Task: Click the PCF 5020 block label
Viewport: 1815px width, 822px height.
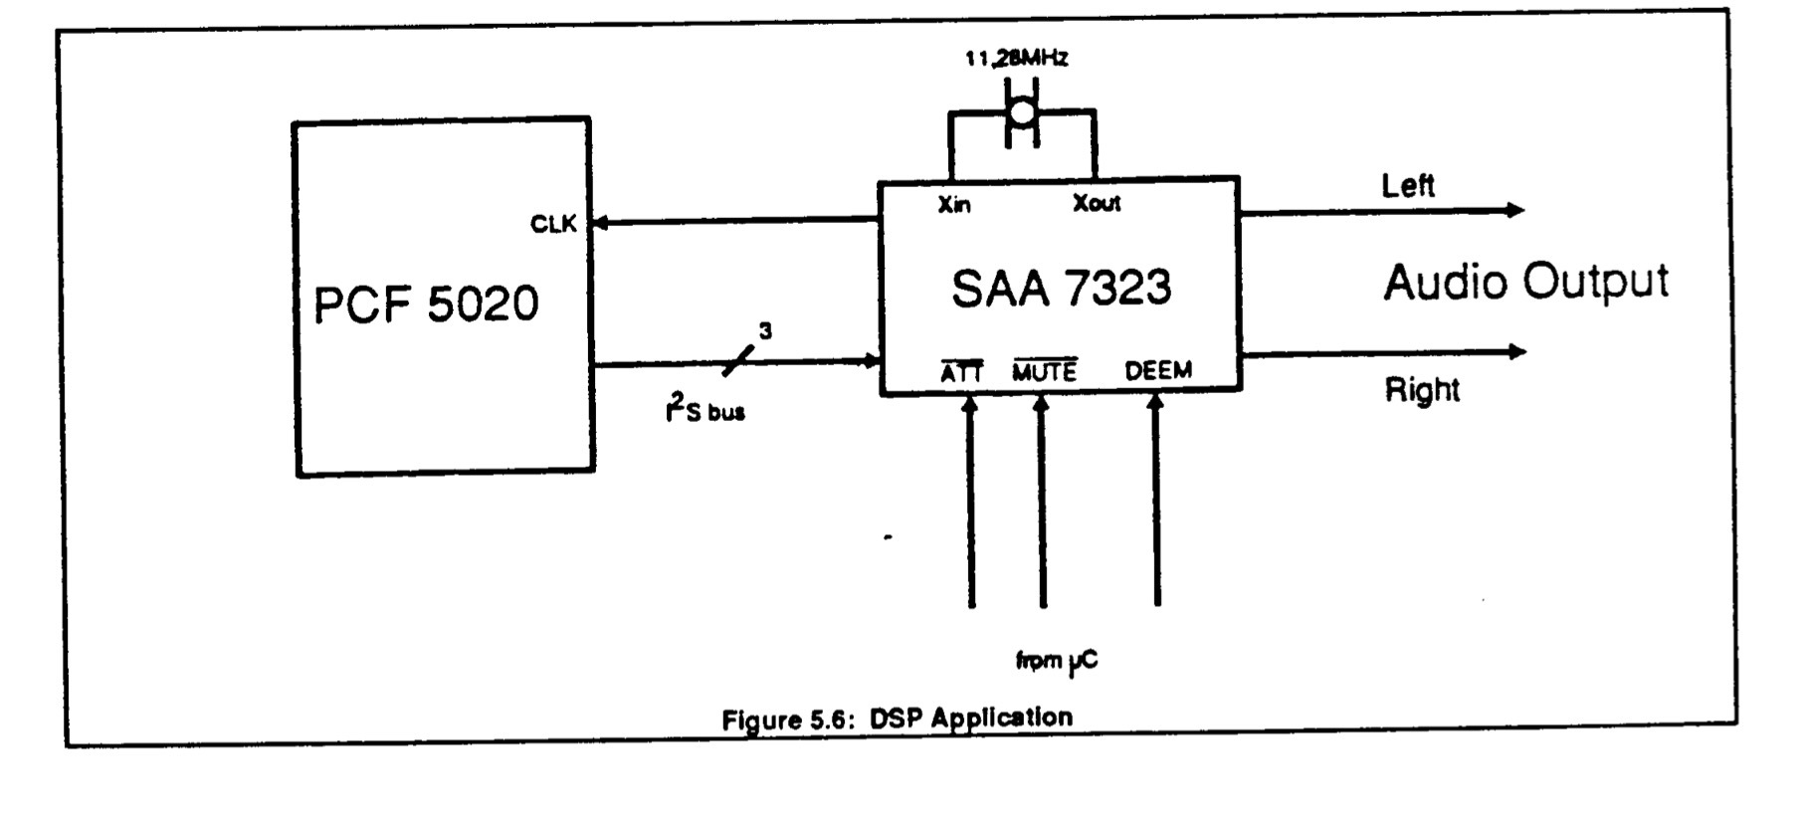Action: pyautogui.click(x=426, y=304)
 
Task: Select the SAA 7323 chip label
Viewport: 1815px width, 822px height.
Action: pyautogui.click(x=1061, y=289)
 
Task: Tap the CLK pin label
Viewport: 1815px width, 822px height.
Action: pyautogui.click(x=553, y=224)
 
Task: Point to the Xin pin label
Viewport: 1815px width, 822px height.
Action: pyautogui.click(x=954, y=205)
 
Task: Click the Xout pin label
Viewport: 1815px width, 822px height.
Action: pyautogui.click(x=1097, y=204)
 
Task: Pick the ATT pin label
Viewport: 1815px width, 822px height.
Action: pyautogui.click(x=961, y=372)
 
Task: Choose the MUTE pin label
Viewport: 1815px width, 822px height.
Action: pyautogui.click(x=1045, y=371)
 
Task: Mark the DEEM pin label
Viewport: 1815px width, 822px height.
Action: pyautogui.click(x=1158, y=371)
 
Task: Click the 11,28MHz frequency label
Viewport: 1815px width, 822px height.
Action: pyautogui.click(x=1016, y=59)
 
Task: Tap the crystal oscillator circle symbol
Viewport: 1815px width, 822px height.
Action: pyautogui.click(x=1022, y=111)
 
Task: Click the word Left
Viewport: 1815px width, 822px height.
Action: pyautogui.click(x=1408, y=185)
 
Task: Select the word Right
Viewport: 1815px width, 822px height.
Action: pyautogui.click(x=1422, y=389)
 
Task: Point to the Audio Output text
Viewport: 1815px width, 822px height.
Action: pyautogui.click(x=1525, y=283)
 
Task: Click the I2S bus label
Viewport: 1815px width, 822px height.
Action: pyautogui.click(x=705, y=408)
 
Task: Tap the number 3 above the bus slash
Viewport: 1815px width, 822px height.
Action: pyautogui.click(x=765, y=331)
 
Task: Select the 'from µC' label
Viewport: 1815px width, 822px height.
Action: pyautogui.click(x=1057, y=661)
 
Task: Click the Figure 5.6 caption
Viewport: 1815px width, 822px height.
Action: pyautogui.click(x=898, y=719)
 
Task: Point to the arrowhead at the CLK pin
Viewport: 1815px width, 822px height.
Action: pyautogui.click(x=599, y=222)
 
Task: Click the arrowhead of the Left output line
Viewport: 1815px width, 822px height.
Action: pyautogui.click(x=1516, y=210)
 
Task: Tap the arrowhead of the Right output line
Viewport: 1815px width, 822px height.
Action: pyautogui.click(x=1517, y=351)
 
